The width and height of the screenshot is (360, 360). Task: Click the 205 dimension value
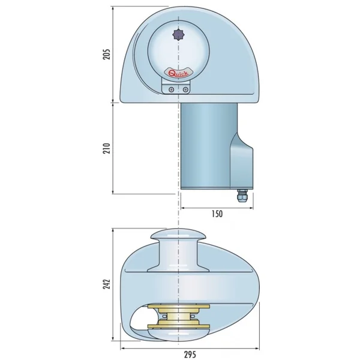click(x=106, y=54)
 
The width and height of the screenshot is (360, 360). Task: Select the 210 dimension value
click(x=106, y=148)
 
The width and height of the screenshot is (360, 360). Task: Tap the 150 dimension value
click(x=217, y=214)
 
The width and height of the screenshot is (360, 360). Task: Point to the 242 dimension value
click(x=106, y=284)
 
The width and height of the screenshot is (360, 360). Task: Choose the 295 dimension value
click(x=190, y=354)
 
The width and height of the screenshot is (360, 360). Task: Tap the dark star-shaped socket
click(x=178, y=35)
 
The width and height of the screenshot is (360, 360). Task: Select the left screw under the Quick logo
click(x=171, y=89)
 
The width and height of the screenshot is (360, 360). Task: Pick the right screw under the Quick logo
click(x=185, y=89)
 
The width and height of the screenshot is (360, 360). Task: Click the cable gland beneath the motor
click(x=242, y=196)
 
